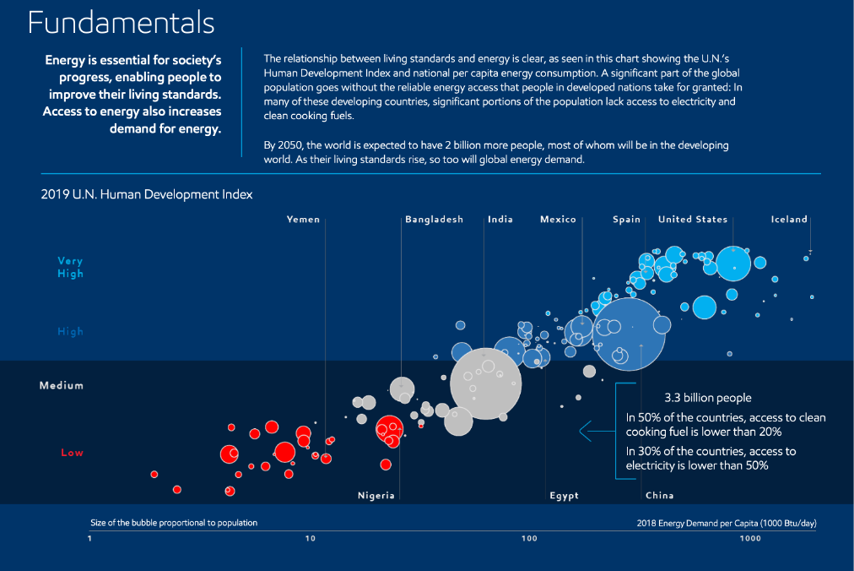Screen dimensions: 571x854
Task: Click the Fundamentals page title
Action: [121, 23]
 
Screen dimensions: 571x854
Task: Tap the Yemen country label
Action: [304, 220]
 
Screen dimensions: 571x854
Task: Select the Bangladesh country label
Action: [434, 220]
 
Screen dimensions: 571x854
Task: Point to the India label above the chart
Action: [500, 220]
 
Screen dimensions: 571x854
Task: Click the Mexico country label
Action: [558, 220]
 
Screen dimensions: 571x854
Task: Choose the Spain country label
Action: [627, 220]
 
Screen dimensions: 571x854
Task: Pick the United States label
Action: [693, 220]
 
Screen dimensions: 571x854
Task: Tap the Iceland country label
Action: [790, 220]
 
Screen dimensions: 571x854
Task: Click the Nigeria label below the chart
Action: [376, 496]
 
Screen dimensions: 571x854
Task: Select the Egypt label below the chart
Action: [565, 496]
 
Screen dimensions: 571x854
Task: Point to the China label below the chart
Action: [660, 496]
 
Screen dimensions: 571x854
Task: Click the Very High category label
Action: [70, 268]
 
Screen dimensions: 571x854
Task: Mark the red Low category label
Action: [73, 453]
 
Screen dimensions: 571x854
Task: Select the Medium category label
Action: [62, 386]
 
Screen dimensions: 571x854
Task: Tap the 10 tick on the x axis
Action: [311, 539]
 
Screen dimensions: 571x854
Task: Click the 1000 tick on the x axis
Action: [749, 539]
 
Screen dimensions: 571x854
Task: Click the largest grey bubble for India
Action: [484, 383]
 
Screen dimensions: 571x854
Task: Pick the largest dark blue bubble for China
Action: [630, 334]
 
